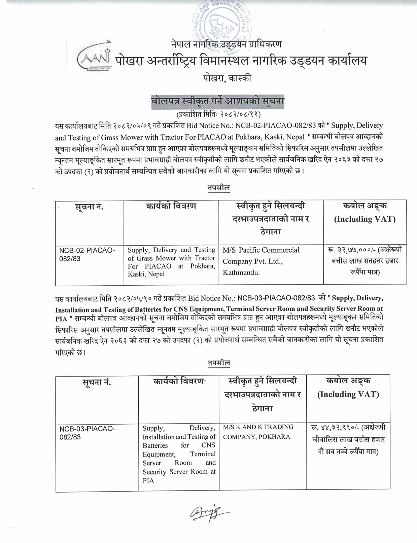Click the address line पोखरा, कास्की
tap(227, 78)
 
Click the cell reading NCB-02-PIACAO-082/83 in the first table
tap(87, 254)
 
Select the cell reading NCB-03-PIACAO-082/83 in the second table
tap(88, 433)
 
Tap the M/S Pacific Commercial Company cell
tap(261, 261)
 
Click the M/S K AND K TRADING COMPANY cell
tap(258, 432)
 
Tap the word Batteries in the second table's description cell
tap(155, 445)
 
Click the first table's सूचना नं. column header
tap(89, 207)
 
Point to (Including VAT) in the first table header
tap(365, 219)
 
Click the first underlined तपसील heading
tap(219, 188)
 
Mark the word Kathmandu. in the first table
tap(241, 273)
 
